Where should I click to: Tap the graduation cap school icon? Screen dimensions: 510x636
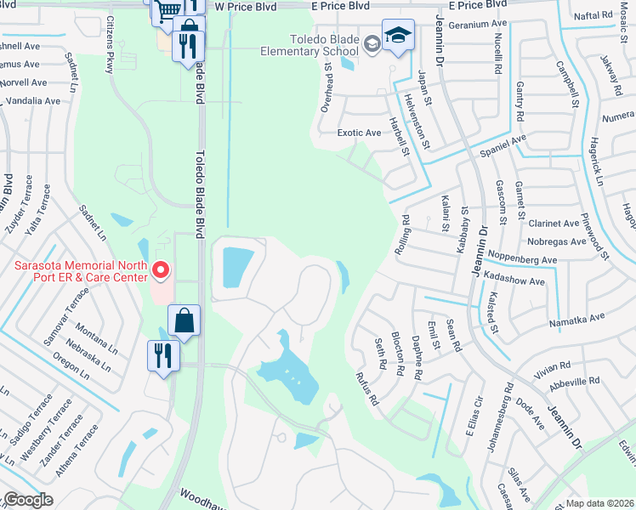pyautogui.click(x=397, y=36)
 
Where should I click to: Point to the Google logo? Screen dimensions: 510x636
pyautogui.click(x=27, y=500)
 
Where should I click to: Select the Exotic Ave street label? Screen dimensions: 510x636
pyautogui.click(x=359, y=133)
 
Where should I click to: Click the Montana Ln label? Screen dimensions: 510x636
pyautogui.click(x=94, y=334)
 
